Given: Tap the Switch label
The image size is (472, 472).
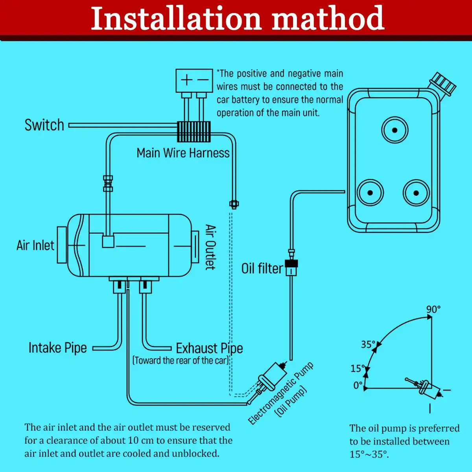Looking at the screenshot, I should [44, 125].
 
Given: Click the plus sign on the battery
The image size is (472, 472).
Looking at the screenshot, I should [186, 81].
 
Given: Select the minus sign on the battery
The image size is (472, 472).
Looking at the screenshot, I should [203, 81].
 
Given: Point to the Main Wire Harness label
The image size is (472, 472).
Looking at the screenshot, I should [183, 153].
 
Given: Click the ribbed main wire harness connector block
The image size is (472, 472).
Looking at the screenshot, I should [194, 131].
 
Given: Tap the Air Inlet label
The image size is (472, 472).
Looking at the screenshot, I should [35, 245].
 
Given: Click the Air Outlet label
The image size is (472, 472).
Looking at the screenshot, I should [211, 247].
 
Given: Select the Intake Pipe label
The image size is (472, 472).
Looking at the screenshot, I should [57, 348].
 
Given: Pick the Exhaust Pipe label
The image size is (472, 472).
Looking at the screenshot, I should [209, 348].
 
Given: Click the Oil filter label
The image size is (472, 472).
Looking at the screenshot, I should [262, 269].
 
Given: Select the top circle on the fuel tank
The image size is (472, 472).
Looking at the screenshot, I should [395, 130].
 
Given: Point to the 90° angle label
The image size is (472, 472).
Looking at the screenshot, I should [433, 310].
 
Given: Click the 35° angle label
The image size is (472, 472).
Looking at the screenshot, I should [368, 345].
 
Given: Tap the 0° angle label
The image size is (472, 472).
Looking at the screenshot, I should [358, 385].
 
